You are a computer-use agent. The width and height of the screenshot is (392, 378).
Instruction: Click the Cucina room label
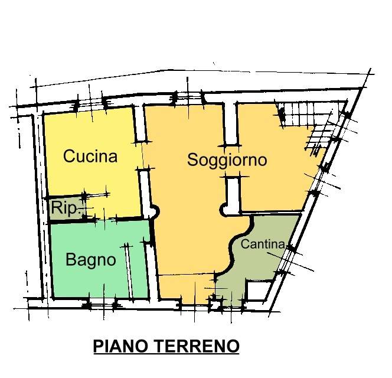[90, 157]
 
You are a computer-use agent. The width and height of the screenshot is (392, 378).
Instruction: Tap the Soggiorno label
[227, 159]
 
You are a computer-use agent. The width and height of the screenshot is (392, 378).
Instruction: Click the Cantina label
[263, 244]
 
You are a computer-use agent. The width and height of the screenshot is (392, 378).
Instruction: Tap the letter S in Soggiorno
[192, 159]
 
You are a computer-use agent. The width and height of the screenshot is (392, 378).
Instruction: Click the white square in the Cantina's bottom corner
[257, 291]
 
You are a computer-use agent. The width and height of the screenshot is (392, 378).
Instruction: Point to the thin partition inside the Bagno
[129, 269]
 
